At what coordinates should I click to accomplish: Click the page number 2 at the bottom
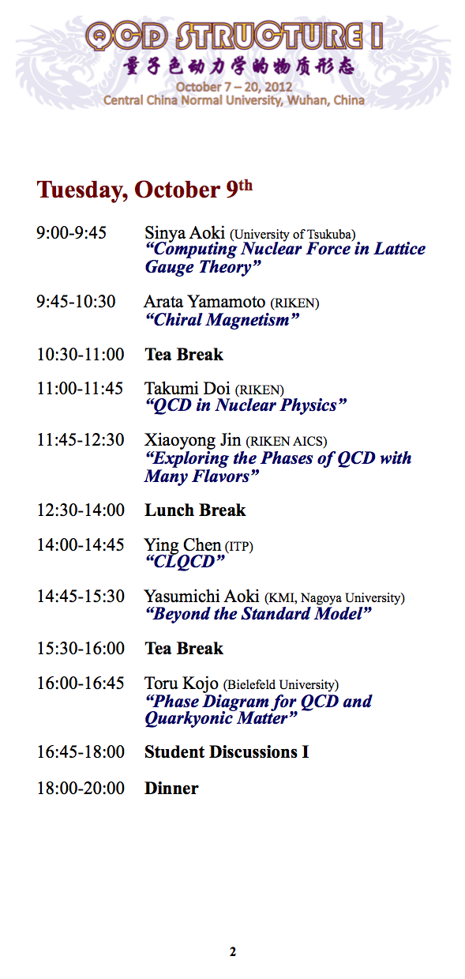233,951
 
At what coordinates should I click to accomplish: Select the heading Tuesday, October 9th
144,190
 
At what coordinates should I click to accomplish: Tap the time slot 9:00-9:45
71,232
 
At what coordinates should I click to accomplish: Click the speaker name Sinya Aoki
185,233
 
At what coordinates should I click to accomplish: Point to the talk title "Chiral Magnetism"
223,320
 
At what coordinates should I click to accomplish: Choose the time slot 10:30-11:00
81,355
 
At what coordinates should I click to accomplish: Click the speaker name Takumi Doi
187,389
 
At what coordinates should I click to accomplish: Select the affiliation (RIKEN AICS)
287,442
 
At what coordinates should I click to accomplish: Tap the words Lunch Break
195,510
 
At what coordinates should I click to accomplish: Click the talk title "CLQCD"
185,562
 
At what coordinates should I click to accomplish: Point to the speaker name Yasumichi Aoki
202,597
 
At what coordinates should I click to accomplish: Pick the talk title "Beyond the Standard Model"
258,614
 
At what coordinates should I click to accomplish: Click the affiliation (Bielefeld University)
281,684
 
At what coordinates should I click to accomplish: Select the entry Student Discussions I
227,752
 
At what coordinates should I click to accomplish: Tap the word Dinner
171,789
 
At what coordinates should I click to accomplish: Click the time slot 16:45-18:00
81,752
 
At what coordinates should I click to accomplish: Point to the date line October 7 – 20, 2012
234,87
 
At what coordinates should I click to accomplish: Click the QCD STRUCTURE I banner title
234,36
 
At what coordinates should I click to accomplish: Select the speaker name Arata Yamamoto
204,302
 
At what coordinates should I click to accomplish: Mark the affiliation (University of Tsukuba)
293,235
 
